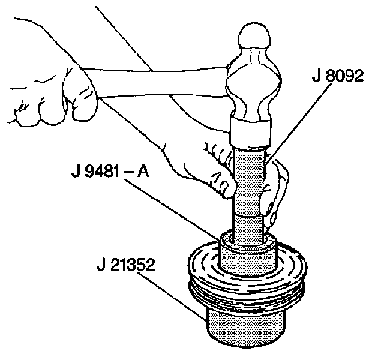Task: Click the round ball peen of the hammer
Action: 254,40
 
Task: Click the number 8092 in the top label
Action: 349,78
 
